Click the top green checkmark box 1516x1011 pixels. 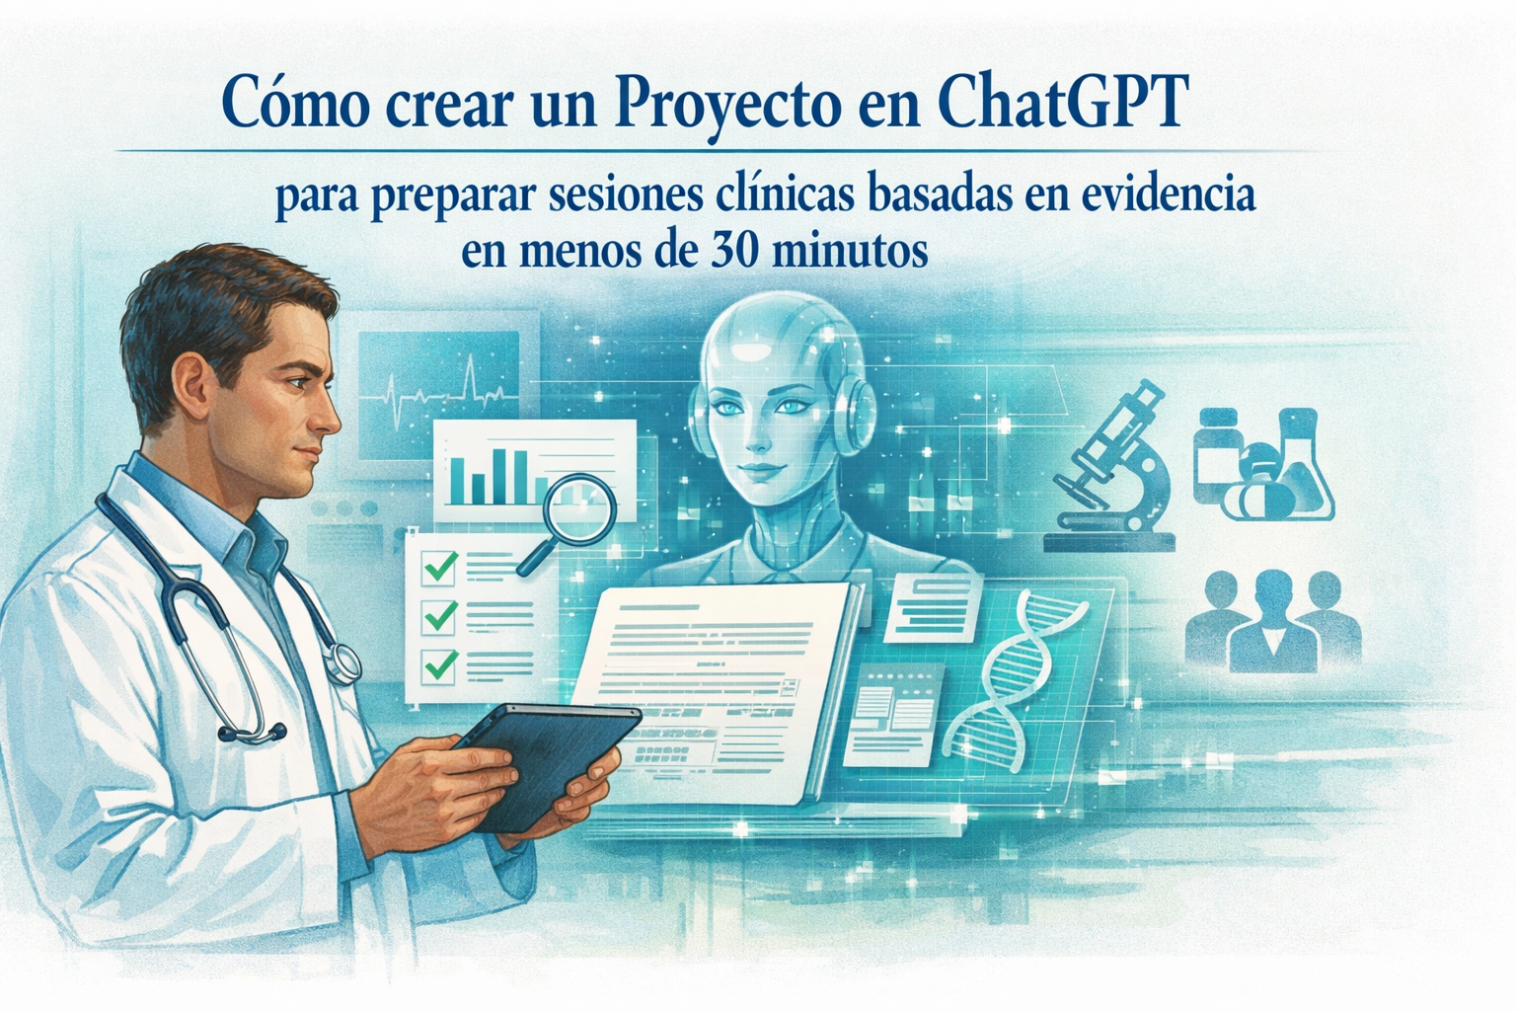click(x=438, y=569)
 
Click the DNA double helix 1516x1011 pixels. click(x=1007, y=671)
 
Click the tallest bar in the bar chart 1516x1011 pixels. click(x=499, y=476)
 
